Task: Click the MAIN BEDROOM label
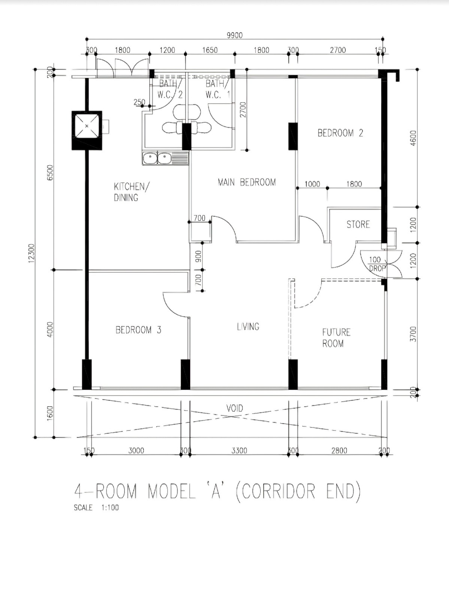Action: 247,182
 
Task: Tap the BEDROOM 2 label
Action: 340,133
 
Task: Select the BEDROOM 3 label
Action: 139,330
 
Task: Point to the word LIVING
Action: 248,326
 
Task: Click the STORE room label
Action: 358,224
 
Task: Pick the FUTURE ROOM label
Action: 336,338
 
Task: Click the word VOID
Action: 235,408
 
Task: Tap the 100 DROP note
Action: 377,264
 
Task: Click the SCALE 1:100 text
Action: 97,508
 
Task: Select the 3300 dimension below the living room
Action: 239,450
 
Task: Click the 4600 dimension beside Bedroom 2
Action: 413,138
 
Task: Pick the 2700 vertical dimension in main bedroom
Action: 243,110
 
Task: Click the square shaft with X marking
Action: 87,130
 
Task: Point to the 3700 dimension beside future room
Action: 413,334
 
